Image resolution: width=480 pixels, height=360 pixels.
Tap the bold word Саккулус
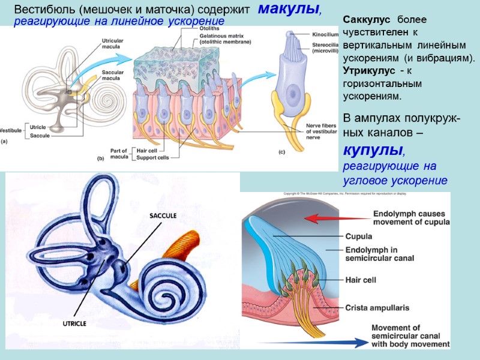click(365, 20)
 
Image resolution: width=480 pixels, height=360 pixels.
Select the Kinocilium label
click(326, 35)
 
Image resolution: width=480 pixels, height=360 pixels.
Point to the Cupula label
click(359, 236)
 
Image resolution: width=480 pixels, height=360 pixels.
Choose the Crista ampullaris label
click(377, 308)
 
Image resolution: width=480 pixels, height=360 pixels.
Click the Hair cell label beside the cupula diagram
click(360, 279)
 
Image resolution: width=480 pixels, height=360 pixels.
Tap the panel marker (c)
click(281, 152)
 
